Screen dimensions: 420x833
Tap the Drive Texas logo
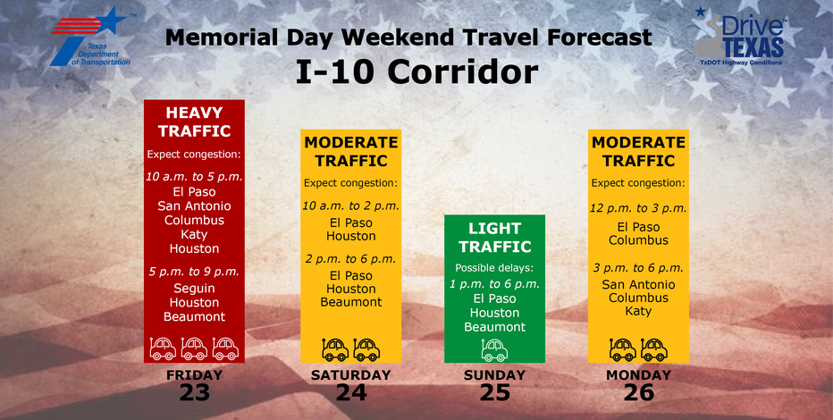tap(742, 40)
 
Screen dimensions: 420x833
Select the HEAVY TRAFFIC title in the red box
tap(194, 122)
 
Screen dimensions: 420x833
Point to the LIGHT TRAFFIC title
tap(494, 239)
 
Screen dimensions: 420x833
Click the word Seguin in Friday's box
tap(194, 288)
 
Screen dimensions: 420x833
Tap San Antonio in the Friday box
tap(194, 206)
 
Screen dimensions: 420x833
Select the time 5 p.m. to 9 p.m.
tap(194, 271)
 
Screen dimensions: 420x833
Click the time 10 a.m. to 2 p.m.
tap(351, 206)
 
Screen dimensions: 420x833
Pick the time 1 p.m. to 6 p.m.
tap(494, 283)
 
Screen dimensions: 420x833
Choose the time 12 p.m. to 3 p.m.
tap(638, 208)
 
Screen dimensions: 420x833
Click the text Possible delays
tap(494, 267)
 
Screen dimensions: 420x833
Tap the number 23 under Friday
tap(194, 391)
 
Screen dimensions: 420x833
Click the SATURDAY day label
tap(351, 375)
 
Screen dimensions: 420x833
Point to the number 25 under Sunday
tap(494, 391)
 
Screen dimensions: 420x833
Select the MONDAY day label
tap(638, 375)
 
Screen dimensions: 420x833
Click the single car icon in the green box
tap(494, 349)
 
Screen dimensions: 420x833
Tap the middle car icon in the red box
tap(194, 348)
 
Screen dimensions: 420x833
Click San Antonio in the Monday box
tap(638, 284)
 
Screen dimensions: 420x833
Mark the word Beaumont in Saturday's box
tap(351, 303)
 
